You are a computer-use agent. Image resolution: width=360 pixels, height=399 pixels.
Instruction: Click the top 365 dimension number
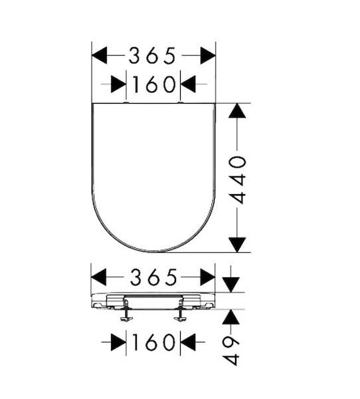tap(152, 55)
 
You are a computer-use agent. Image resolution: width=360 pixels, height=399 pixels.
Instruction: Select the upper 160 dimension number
tap(154, 84)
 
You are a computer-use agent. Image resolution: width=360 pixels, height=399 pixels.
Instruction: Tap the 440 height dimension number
tap(238, 180)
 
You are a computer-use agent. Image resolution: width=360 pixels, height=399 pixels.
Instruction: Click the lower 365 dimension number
tap(153, 277)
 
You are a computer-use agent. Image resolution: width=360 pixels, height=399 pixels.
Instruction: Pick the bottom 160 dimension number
tap(153, 342)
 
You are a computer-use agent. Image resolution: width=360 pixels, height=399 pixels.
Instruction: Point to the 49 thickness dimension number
tap(231, 351)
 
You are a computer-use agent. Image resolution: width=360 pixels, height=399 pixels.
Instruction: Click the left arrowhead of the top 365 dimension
tap(100, 55)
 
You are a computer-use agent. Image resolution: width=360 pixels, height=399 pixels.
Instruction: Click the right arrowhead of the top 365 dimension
tap(208, 55)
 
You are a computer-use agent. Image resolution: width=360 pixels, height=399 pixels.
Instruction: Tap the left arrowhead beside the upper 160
tap(118, 84)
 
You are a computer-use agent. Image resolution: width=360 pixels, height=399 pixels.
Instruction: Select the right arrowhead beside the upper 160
tap(188, 84)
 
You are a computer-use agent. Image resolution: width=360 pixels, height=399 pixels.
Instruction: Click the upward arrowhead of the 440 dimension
tap(237, 110)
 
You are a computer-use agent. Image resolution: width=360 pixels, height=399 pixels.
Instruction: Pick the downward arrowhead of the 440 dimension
tap(237, 245)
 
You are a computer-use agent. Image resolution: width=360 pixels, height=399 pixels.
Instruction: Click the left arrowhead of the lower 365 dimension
tap(99, 277)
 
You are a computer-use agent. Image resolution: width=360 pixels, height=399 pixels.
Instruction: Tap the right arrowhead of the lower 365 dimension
tap(208, 277)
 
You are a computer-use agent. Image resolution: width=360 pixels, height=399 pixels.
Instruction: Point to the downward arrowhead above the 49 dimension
tap(231, 285)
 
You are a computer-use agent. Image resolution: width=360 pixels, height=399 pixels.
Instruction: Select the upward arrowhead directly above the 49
tap(231, 317)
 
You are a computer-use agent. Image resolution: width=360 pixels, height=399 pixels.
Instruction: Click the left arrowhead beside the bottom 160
tap(118, 342)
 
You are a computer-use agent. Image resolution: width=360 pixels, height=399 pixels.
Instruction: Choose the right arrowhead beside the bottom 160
tap(188, 342)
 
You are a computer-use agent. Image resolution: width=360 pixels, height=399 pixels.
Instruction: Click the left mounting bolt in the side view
tap(126, 312)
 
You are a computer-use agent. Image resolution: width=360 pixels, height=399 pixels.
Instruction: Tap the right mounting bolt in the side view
tap(180, 312)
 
